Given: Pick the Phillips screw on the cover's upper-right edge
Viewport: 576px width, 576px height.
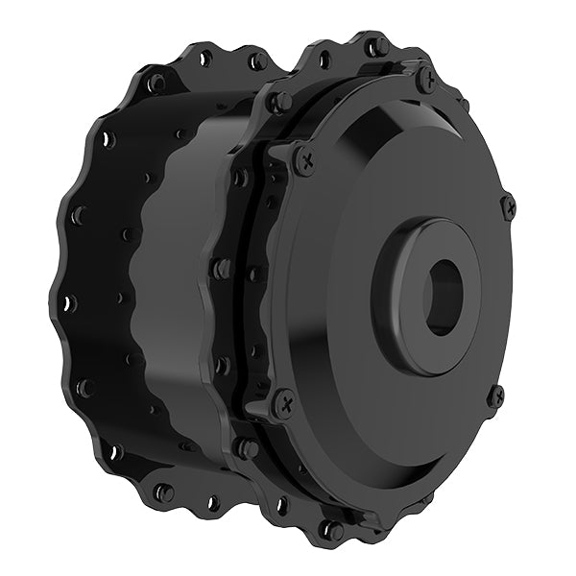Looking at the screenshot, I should (x=508, y=204).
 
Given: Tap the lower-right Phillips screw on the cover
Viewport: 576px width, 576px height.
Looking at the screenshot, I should (x=495, y=395).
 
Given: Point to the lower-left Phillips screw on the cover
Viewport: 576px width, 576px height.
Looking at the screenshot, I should (x=283, y=402).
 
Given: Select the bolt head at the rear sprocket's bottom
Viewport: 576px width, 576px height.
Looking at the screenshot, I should (x=164, y=492).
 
